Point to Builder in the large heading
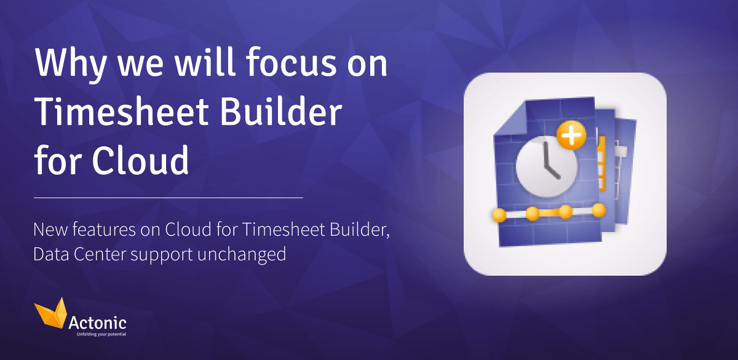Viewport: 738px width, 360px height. [288, 113]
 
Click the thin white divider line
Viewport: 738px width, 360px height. [169, 198]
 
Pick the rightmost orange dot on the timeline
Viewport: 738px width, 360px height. [598, 210]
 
